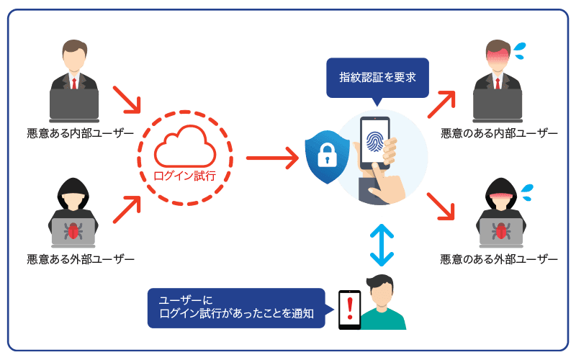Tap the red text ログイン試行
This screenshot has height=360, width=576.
185,176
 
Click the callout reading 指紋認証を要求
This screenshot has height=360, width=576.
377,77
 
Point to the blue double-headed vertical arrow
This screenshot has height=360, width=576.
382,245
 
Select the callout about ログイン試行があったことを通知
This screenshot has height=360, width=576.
238,307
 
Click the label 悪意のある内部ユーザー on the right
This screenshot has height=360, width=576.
500,133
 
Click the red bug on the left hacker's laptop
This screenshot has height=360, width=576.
73,230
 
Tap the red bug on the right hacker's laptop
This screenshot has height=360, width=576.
500,230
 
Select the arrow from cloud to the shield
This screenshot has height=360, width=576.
272,157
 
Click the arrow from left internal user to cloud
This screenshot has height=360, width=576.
127,99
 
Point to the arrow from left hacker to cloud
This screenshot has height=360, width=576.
128,208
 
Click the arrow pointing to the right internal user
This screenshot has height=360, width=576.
442,105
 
